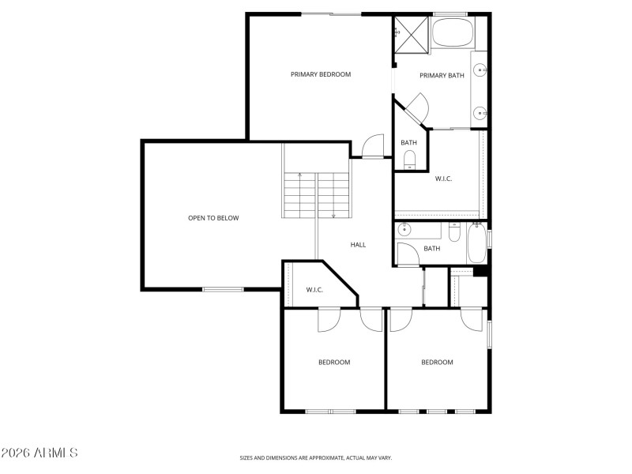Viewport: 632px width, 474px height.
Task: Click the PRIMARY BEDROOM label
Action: (x=320, y=74)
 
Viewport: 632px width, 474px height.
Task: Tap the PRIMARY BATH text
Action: (x=442, y=76)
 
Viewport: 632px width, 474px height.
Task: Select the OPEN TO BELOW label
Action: (x=213, y=218)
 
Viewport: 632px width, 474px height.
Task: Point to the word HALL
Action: (x=358, y=245)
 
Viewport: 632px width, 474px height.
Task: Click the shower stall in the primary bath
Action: (x=411, y=32)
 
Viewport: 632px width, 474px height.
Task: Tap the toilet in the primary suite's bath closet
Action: (x=409, y=162)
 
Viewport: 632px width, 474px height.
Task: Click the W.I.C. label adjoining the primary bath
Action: (x=443, y=179)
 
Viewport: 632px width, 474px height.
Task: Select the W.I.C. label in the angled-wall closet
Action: (x=314, y=290)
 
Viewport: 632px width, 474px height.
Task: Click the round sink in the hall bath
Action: (x=405, y=231)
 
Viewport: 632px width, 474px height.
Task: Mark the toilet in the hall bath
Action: (x=454, y=233)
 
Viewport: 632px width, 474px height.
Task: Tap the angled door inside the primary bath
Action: (x=416, y=108)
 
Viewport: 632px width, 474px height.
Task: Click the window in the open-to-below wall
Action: (x=223, y=290)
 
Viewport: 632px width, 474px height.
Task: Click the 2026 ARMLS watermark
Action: (x=39, y=453)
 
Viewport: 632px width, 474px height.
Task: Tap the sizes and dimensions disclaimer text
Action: (x=315, y=457)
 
